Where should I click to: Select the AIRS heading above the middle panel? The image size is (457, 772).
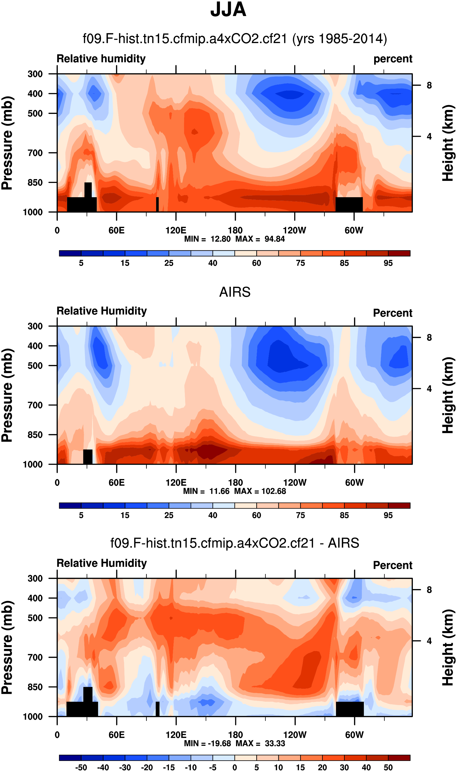click(235, 292)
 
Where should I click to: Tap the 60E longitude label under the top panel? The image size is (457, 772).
click(116, 230)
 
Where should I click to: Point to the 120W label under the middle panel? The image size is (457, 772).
click(295, 482)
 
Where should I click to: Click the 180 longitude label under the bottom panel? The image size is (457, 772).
click(235, 735)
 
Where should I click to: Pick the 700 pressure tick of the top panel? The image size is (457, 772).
click(35, 153)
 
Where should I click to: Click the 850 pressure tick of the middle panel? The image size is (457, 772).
click(35, 435)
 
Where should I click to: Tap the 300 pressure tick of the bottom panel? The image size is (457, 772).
click(35, 578)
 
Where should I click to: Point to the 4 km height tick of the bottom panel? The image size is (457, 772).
click(429, 641)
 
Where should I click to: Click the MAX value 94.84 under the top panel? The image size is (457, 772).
click(274, 239)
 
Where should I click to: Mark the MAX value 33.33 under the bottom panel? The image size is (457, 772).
click(275, 743)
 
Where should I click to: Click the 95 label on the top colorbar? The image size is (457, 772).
click(388, 263)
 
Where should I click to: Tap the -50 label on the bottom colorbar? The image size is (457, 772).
click(81, 767)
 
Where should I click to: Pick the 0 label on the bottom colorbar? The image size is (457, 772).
click(235, 767)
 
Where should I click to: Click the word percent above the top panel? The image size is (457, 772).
click(393, 59)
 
